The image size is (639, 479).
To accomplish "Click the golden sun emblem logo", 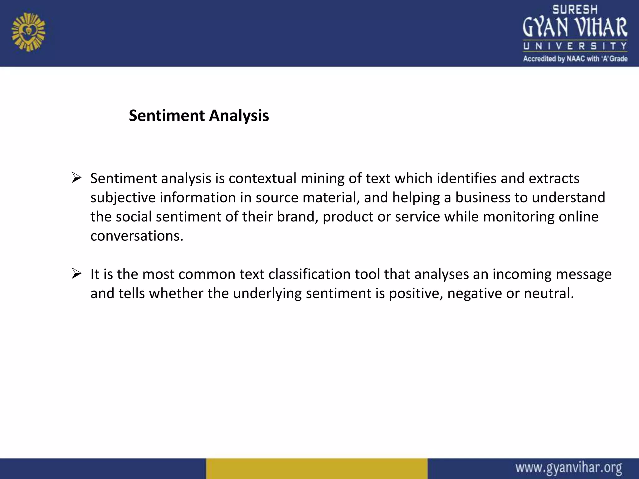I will [x=28, y=32].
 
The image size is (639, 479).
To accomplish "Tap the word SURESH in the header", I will [x=575, y=10].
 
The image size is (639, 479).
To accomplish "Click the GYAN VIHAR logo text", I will [x=575, y=27].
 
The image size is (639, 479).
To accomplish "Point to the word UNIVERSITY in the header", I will [x=575, y=46].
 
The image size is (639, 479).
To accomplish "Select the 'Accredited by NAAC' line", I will [x=575, y=59].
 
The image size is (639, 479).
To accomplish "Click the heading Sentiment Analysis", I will [x=199, y=116].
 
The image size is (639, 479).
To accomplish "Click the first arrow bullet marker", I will [x=76, y=178].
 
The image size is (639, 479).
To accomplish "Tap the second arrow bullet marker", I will [x=76, y=273].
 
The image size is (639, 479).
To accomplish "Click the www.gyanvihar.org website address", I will [x=568, y=468].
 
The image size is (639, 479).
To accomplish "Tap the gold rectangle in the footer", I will [x=316, y=468].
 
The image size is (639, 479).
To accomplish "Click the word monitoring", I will [x=518, y=217].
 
